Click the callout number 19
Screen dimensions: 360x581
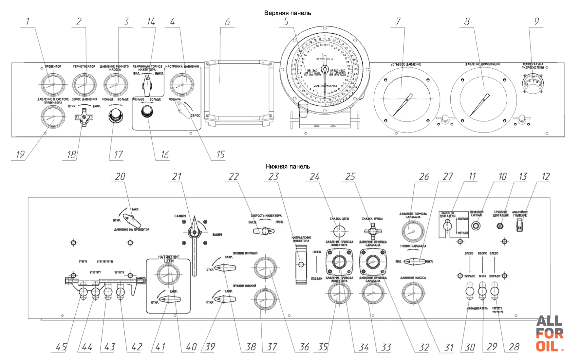[20, 154]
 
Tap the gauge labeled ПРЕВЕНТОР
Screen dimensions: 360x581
[52, 85]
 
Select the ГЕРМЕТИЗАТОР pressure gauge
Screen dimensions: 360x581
[84, 85]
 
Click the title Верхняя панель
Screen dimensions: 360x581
[287, 13]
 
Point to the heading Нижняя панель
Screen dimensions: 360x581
[287, 167]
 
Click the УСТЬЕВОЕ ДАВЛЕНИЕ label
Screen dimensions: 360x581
[405, 64]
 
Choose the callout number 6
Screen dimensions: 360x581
[227, 22]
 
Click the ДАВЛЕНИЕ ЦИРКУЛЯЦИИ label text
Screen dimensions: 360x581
[482, 64]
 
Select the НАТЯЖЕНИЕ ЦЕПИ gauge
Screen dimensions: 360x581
[168, 274]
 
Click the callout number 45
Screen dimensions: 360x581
[61, 347]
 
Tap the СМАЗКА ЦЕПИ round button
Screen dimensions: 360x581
[339, 231]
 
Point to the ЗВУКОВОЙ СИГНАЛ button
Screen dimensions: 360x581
[476, 226]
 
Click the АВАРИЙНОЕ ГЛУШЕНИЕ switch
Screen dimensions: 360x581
[519, 225]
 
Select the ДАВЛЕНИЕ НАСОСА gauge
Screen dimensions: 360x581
[413, 293]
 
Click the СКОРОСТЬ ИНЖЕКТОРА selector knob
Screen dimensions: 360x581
[265, 231]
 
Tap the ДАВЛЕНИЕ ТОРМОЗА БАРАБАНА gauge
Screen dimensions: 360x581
[413, 231]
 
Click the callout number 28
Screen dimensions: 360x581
[514, 347]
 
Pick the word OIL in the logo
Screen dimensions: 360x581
[547, 346]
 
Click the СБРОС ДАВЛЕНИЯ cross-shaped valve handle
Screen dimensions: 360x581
[84, 118]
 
